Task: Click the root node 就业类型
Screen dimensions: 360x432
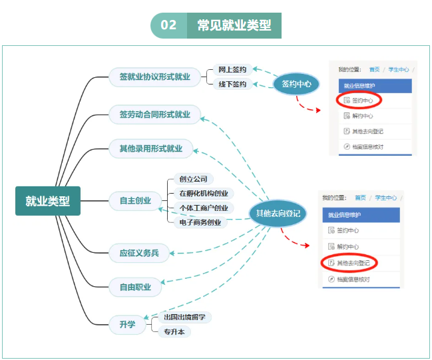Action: (x=47, y=201)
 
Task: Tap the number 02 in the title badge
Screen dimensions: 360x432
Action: (x=168, y=25)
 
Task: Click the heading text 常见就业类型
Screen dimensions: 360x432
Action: (x=234, y=25)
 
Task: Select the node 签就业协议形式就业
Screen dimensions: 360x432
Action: (x=154, y=77)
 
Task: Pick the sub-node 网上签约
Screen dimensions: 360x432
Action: (x=232, y=70)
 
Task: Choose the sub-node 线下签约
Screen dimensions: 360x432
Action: (x=232, y=85)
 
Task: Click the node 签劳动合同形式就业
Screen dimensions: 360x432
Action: (x=154, y=114)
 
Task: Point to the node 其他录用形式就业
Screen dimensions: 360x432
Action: (x=150, y=148)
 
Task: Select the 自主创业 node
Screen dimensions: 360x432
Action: (x=135, y=200)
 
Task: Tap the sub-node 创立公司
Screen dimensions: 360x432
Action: (x=193, y=179)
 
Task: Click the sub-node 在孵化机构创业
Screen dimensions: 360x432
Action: (x=203, y=194)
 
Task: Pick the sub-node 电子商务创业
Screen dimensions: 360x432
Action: (x=200, y=222)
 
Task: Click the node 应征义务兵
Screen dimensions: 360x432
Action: (x=139, y=253)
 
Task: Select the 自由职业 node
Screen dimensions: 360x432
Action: (x=135, y=287)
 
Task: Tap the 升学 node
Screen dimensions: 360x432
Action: (x=127, y=325)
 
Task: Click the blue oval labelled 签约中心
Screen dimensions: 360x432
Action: (x=296, y=85)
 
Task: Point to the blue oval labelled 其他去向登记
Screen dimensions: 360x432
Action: (x=278, y=213)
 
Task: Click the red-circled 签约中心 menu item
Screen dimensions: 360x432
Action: (x=358, y=100)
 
